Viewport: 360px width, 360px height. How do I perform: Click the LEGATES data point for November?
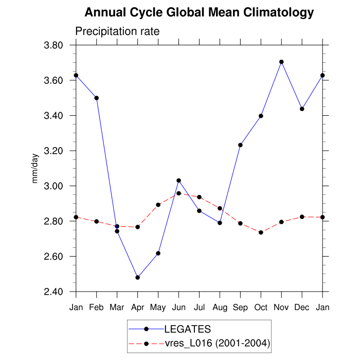(x=281, y=62)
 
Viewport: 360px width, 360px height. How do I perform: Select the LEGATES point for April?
(x=137, y=277)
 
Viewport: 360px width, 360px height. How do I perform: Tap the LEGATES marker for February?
(x=96, y=98)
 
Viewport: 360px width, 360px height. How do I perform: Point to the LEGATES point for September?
(x=240, y=145)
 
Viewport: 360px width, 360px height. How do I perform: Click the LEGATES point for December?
(x=302, y=109)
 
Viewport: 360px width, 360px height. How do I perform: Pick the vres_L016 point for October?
(x=261, y=232)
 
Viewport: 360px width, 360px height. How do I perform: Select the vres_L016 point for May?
(x=158, y=205)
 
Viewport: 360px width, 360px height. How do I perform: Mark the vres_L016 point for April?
(x=137, y=227)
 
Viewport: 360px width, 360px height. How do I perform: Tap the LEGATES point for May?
(x=158, y=253)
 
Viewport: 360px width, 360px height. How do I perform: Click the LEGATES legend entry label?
(x=187, y=329)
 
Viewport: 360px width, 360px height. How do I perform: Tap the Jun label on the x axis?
(x=178, y=307)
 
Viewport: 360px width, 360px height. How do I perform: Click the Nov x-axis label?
(x=281, y=307)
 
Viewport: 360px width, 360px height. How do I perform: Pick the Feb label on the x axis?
(x=96, y=307)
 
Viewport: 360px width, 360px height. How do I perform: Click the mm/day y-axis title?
(x=35, y=169)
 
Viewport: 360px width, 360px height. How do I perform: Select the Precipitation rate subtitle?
(x=117, y=31)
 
